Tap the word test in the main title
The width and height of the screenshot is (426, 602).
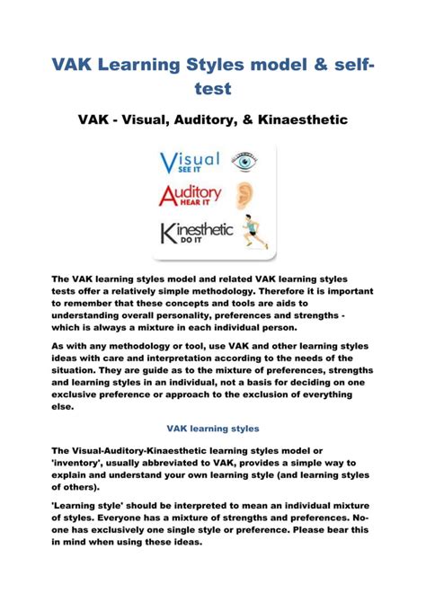click(212, 89)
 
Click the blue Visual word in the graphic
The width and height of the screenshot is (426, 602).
click(190, 162)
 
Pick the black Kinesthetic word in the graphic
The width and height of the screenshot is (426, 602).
click(197, 231)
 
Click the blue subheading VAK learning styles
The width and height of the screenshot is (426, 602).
click(212, 429)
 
